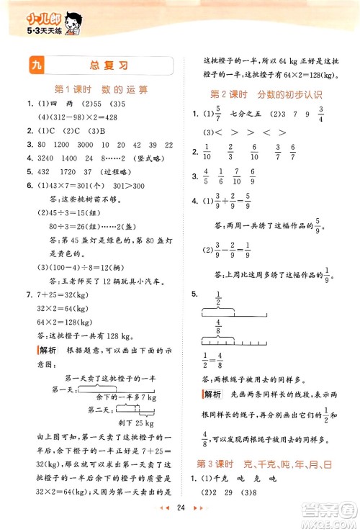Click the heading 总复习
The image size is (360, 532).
pyautogui.click(x=113, y=66)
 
